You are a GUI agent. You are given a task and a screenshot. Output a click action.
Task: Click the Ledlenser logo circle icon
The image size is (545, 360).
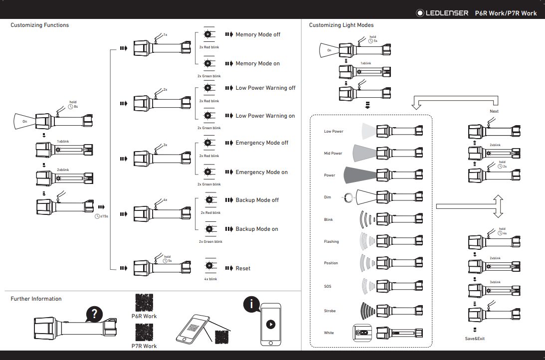pos(420,13)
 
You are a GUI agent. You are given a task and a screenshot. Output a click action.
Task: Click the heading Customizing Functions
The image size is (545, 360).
pos(40,25)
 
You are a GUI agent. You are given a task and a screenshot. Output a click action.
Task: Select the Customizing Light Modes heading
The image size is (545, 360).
pos(341,25)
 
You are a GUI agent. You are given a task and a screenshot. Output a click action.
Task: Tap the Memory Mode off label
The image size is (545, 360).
pos(258,35)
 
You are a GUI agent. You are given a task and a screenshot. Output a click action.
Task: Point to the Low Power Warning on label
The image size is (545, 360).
pos(265,116)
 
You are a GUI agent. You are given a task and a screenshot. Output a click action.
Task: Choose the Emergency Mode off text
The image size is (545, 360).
pos(262,143)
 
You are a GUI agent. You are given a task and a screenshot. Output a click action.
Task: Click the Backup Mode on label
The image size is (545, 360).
pos(257,229)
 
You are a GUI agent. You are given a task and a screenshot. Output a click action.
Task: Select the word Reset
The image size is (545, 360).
pos(243,268)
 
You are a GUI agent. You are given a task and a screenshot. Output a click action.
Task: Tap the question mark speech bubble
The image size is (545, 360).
pos(94,315)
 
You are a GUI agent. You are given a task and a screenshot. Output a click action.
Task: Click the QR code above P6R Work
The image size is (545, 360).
pos(144,303)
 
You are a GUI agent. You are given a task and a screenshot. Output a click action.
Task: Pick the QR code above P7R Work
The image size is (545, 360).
pos(144,333)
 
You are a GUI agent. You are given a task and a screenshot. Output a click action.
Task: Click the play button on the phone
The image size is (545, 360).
pos(270,324)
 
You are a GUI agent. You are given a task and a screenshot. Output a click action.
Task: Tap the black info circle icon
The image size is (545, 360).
pos(251,304)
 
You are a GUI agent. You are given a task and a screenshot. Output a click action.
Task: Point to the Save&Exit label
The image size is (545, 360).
pos(475,339)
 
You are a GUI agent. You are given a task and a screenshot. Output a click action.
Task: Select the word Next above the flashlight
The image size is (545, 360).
pos(494,111)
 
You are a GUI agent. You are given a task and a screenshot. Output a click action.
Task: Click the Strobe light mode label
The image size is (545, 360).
pos(330,311)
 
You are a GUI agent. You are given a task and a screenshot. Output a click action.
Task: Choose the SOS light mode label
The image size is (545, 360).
pos(327,287)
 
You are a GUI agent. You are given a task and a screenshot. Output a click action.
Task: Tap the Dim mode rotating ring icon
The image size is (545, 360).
pos(347,197)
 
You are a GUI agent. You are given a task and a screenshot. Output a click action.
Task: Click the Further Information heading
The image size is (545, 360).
pos(36,299)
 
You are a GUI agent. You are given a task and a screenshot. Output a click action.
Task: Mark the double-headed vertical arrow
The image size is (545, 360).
pos(497,206)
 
